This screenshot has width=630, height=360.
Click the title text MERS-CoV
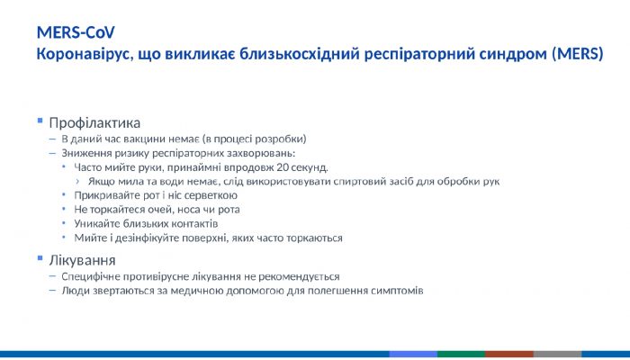76,32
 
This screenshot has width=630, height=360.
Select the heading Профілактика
94,121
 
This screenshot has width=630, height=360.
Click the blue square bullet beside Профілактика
40,121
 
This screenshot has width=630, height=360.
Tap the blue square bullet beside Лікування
40,259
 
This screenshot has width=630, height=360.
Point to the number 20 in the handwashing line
283,167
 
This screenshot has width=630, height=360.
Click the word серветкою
212,195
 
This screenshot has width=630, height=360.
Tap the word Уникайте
97,223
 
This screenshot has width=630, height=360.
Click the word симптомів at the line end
396,292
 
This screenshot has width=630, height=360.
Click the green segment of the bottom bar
461,355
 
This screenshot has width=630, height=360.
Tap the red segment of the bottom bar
509,355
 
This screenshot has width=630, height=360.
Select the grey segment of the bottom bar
557,355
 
